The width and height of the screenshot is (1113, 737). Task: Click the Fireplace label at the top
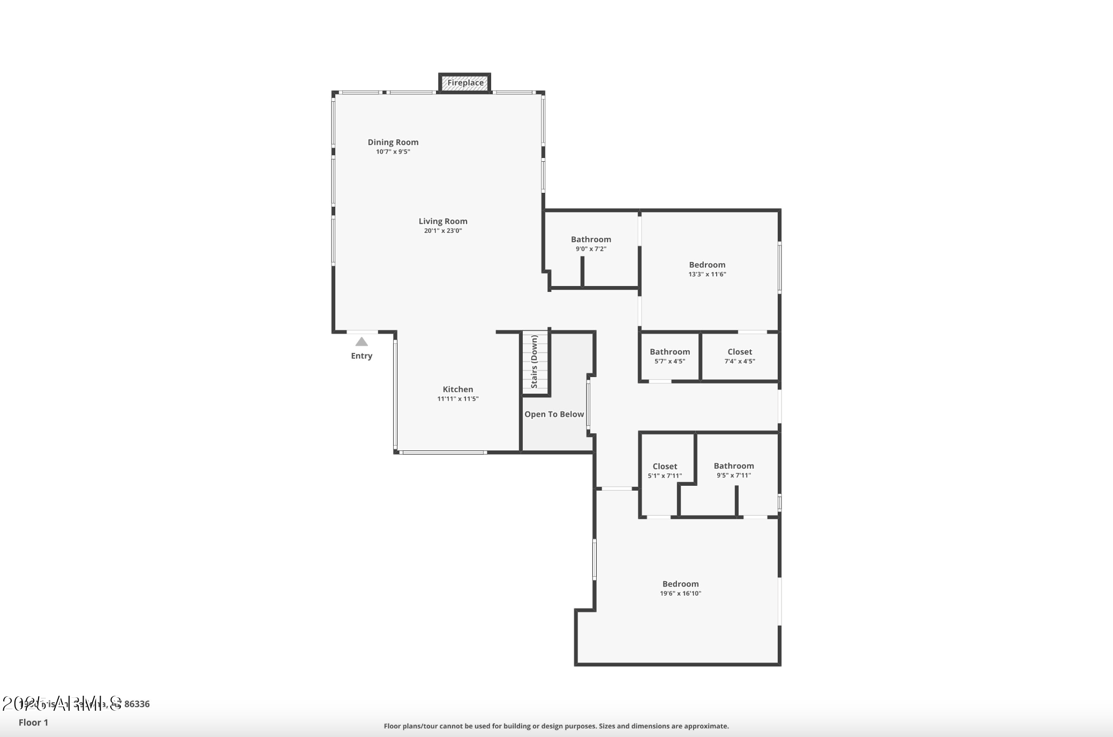tap(465, 83)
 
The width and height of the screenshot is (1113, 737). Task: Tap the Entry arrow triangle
tap(362, 342)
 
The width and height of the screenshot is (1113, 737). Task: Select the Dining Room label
tap(393, 142)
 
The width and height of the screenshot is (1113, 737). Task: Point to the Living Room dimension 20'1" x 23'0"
tap(442, 231)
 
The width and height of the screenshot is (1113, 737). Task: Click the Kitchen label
tap(457, 389)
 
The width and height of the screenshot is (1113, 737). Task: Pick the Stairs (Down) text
tap(534, 362)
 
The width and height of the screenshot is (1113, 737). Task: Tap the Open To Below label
tap(554, 414)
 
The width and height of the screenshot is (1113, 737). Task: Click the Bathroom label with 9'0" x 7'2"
tap(591, 239)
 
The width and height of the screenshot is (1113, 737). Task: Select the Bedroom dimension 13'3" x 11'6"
tap(707, 274)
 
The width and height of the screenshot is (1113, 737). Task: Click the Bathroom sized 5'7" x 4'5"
tap(670, 352)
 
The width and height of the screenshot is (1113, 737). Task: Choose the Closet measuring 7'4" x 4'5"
tap(739, 352)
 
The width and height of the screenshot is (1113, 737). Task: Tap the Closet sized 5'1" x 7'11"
tap(665, 467)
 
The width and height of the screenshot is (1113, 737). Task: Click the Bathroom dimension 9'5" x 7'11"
tap(733, 476)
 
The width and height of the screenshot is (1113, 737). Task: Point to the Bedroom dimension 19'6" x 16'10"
tap(680, 593)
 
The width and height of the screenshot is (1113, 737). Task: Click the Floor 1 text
tap(33, 723)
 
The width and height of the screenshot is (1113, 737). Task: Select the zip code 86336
tap(137, 704)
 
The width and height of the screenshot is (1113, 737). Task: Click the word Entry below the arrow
tap(362, 356)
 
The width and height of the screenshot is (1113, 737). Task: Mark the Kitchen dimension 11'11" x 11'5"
tap(457, 399)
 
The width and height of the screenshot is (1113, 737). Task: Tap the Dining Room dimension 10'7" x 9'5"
tap(393, 152)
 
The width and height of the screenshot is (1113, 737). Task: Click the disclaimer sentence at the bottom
tap(556, 726)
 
